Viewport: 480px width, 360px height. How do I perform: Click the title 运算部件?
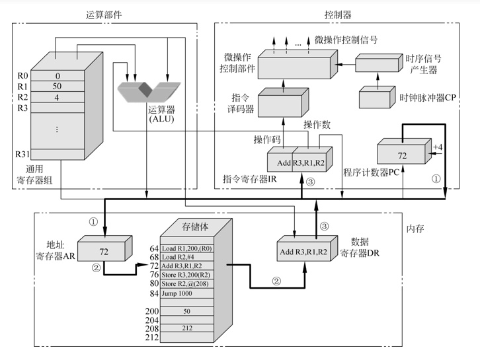click(x=104, y=14)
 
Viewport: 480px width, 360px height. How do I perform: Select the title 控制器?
click(x=338, y=14)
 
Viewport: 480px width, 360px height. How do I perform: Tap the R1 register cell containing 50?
click(x=58, y=87)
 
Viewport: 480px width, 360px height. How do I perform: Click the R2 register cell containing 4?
click(x=58, y=97)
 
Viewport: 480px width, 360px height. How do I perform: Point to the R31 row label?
click(x=22, y=155)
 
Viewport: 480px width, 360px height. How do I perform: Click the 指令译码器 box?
click(x=280, y=104)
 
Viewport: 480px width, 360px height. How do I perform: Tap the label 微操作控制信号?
click(x=346, y=40)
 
